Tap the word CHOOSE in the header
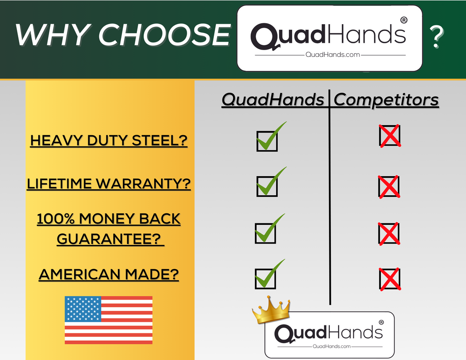point(164,35)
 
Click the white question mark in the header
point(436,36)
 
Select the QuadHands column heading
point(273,99)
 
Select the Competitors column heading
point(386,100)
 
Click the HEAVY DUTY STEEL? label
point(109,141)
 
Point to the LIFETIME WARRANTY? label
point(109,184)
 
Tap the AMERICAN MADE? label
point(109,274)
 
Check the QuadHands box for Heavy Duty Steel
point(267,141)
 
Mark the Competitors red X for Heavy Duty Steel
point(390,136)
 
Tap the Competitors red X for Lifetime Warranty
point(389,187)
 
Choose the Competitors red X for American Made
point(390,279)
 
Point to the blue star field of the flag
point(83,309)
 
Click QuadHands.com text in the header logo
point(333,55)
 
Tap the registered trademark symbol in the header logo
point(404,20)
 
